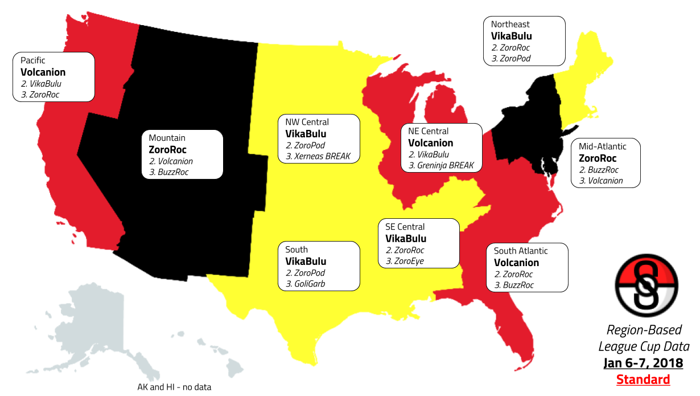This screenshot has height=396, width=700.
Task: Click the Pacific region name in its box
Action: pyautogui.click(x=33, y=60)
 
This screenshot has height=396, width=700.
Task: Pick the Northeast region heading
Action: pyautogui.click(x=510, y=25)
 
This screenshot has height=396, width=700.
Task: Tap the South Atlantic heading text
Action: pyautogui.click(x=521, y=251)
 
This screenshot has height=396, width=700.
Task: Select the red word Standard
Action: pyautogui.click(x=643, y=379)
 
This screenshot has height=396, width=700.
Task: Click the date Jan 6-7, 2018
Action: pyautogui.click(x=643, y=363)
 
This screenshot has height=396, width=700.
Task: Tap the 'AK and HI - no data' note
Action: pyautogui.click(x=174, y=387)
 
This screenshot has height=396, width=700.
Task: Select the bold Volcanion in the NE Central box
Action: pyautogui.click(x=431, y=143)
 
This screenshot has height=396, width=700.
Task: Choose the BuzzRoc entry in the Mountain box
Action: pyautogui.click(x=169, y=172)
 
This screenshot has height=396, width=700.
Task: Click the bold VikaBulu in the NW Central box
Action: pyautogui.click(x=306, y=134)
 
